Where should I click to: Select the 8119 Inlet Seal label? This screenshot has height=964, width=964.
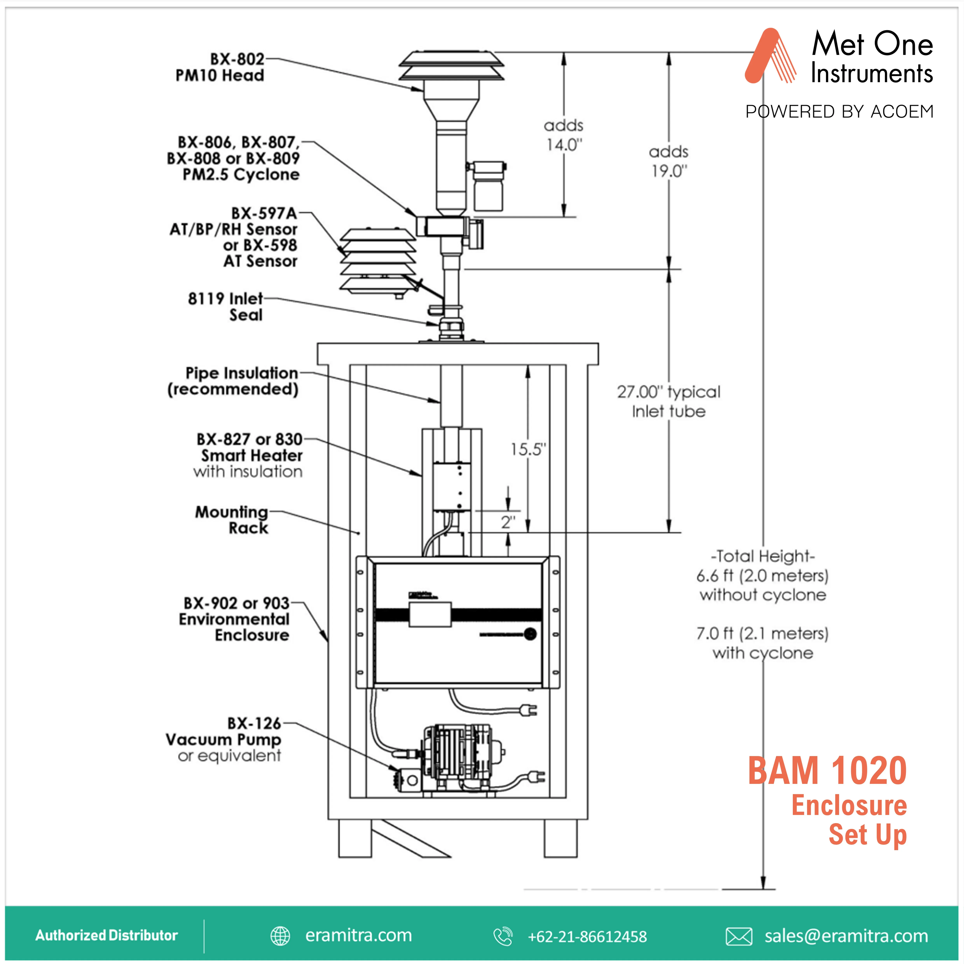[226, 306]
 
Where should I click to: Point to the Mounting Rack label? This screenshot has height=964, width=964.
[232, 520]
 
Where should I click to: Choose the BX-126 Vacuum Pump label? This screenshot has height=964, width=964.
[224, 739]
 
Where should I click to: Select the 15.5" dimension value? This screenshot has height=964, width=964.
[528, 449]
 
